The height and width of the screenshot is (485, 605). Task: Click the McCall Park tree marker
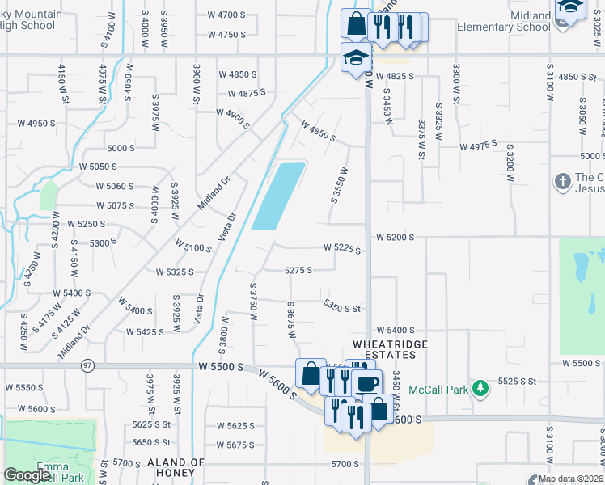480,389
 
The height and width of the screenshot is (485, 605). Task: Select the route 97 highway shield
87,366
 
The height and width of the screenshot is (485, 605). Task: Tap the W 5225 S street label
342,248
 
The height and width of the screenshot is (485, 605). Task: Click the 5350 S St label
341,307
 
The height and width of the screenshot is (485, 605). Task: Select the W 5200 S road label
395,238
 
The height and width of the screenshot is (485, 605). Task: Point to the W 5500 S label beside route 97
220,367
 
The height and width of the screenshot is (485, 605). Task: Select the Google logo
27,475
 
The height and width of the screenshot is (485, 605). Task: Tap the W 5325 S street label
175,272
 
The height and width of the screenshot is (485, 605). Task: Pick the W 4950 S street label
36,124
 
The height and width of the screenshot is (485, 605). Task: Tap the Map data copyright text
566,479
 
